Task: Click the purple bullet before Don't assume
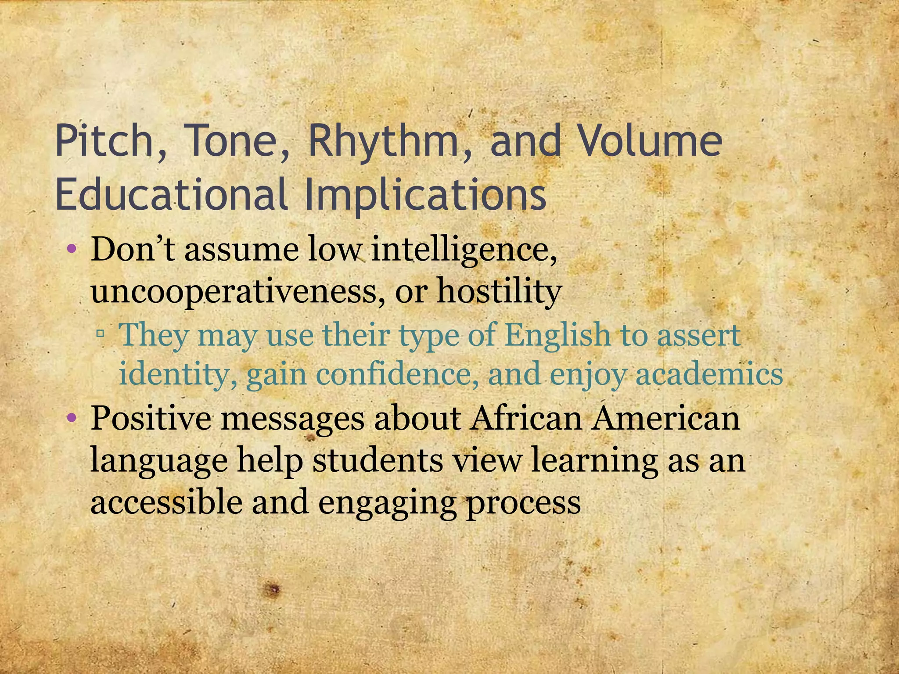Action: pos(72,251)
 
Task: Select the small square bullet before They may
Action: pos(101,334)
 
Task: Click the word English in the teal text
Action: pos(557,335)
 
